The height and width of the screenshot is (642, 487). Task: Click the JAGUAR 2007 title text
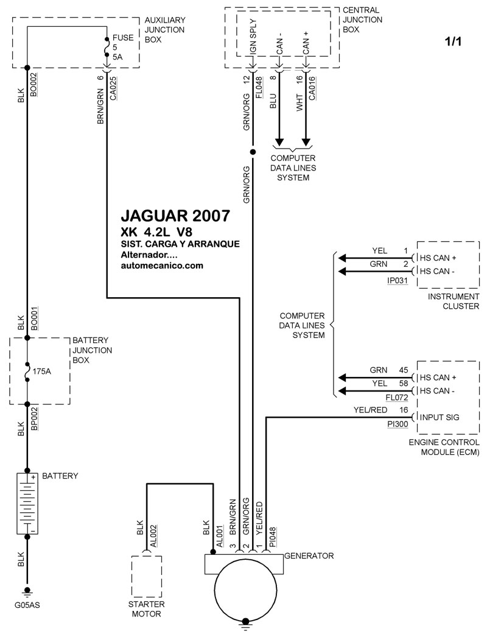pos(175,216)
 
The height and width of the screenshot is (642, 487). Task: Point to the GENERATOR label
pos(309,556)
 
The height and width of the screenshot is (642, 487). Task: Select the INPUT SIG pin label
pos(440,417)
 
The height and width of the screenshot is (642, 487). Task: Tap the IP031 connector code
pos(398,282)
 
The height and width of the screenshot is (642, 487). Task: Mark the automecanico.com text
pos(162,266)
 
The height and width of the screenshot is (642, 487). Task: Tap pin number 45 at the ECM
pos(403,370)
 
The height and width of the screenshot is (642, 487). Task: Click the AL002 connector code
pos(154,534)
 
